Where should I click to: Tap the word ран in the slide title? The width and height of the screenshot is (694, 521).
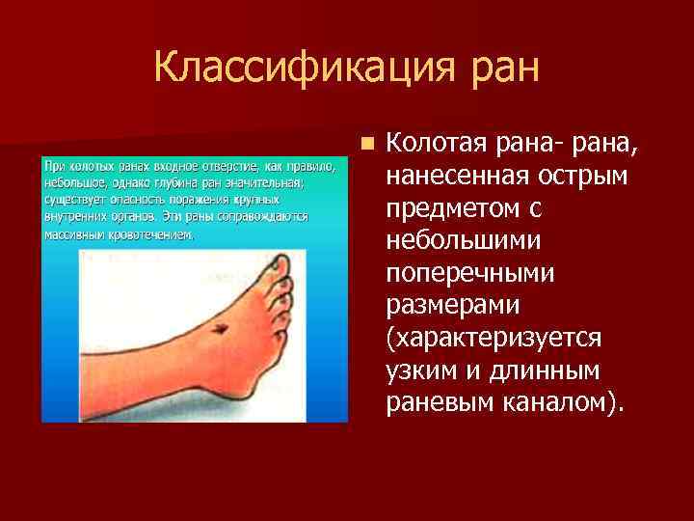(x=503, y=69)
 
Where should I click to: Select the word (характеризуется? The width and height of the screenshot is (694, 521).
(x=494, y=338)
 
